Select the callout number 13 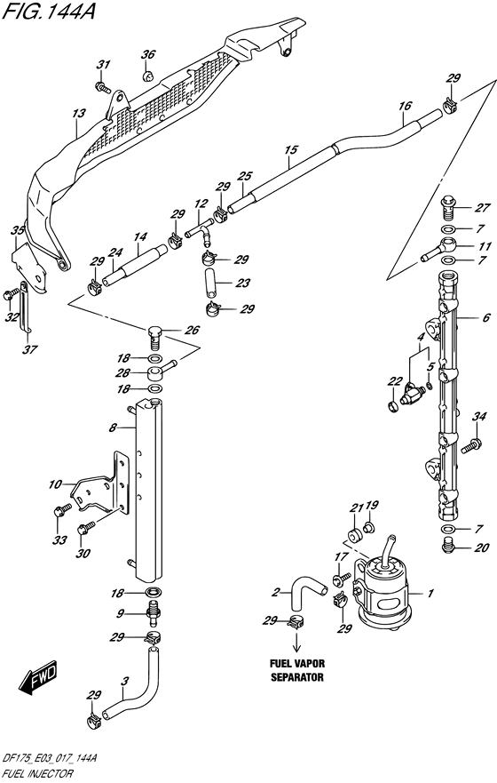click(79, 114)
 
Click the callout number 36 click(148, 54)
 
